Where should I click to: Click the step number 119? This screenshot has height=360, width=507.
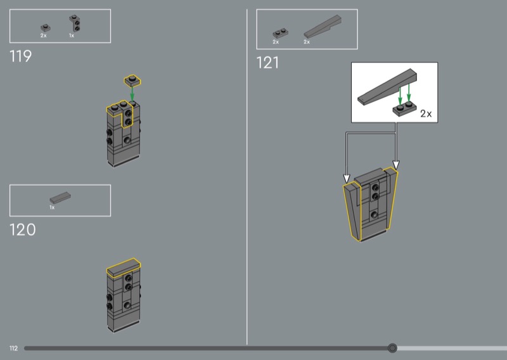coord(21,56)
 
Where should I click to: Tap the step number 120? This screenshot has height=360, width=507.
coord(23,229)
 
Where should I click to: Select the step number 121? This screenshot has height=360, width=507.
coord(267,63)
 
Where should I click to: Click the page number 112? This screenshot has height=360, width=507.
coord(13,349)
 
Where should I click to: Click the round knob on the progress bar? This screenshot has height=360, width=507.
coord(392,348)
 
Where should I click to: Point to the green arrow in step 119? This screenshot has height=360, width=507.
coord(132,93)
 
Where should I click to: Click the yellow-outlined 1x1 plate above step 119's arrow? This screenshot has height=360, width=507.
coord(132,80)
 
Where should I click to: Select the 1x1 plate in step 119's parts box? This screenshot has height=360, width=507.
coord(46,28)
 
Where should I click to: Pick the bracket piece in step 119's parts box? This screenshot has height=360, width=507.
coord(75,23)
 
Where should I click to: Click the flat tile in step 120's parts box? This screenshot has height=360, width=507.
coord(60,197)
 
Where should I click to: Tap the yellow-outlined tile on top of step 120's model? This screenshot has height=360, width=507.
coord(124,268)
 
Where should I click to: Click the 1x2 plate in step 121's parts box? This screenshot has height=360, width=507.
coord(281,34)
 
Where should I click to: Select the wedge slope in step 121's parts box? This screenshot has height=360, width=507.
coord(323,27)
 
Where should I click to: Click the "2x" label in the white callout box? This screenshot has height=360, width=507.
coord(426,114)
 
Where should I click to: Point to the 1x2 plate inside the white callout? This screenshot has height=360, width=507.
coord(404,109)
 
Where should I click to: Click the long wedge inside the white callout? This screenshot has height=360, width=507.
coord(387,87)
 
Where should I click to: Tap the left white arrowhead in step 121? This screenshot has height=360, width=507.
coord(347,179)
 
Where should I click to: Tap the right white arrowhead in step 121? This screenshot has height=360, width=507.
coord(395,165)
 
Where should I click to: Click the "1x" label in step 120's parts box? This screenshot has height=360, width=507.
coord(52,207)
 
